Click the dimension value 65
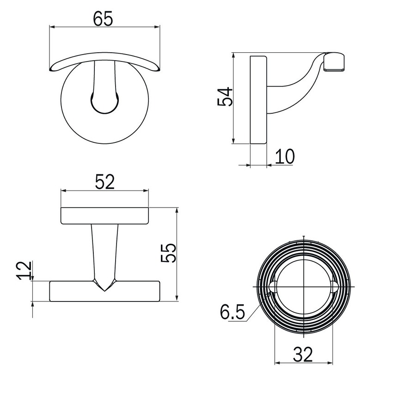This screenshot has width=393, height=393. [103, 18]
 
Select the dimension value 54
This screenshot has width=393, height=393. [225, 97]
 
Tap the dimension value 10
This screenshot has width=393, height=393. [285, 157]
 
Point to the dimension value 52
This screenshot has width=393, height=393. [104, 182]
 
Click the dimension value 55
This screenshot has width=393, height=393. [168, 253]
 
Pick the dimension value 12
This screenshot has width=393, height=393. [24, 270]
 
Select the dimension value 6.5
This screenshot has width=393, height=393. [232, 312]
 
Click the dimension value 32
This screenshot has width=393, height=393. [303, 355]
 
